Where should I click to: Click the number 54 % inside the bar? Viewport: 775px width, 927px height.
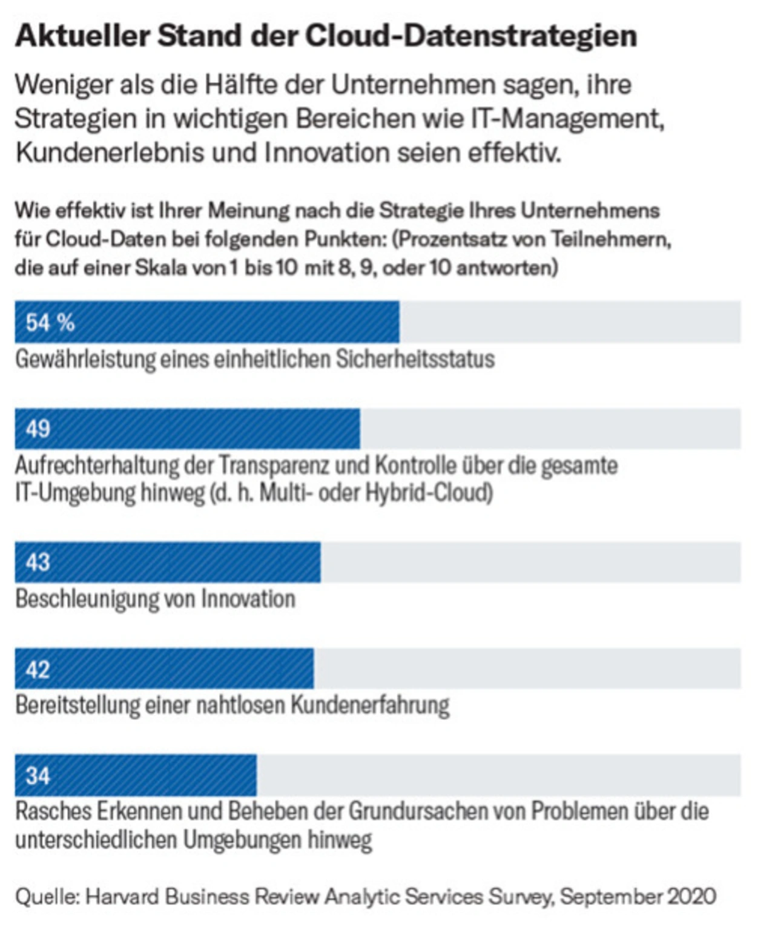pyautogui.click(x=50, y=323)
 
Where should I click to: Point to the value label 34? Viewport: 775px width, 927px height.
pyautogui.click(x=38, y=776)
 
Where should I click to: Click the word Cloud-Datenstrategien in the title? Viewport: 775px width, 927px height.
pyautogui.click(x=471, y=36)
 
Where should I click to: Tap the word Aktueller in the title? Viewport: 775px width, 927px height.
pyautogui.click(x=82, y=36)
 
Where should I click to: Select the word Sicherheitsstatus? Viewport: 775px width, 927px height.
pyautogui.click(x=415, y=359)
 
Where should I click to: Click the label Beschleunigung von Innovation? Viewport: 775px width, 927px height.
pyautogui.click(x=156, y=599)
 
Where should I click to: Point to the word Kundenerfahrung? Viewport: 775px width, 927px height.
pyautogui.click(x=370, y=705)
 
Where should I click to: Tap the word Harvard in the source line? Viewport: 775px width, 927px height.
pyautogui.click(x=122, y=896)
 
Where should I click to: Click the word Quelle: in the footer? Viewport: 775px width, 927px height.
pyautogui.click(x=47, y=896)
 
